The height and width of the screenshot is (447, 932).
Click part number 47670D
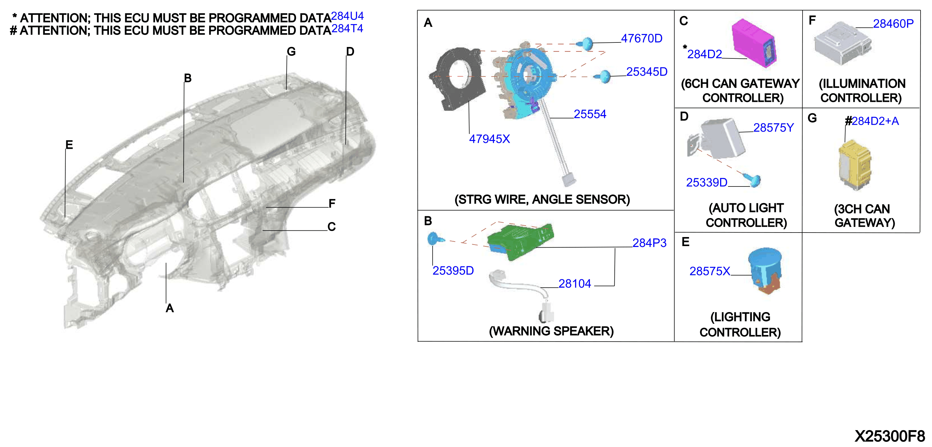coord(642,38)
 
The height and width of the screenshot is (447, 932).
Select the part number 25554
coord(590,114)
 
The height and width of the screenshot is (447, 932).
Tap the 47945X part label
coord(489,139)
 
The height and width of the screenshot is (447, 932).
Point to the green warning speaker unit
coord(520,241)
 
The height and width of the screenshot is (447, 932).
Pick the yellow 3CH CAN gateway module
coord(855,165)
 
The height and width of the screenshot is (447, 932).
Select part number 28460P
coord(893,24)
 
